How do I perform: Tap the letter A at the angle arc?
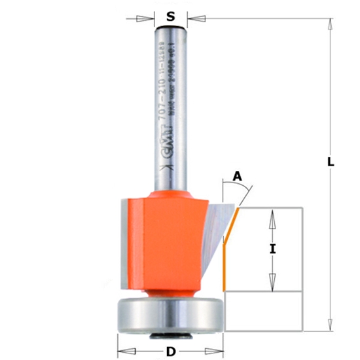tap(236, 176)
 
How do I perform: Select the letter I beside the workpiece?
tap(272, 249)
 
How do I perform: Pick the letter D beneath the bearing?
tap(170, 351)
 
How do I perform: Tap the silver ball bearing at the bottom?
tap(170, 315)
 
